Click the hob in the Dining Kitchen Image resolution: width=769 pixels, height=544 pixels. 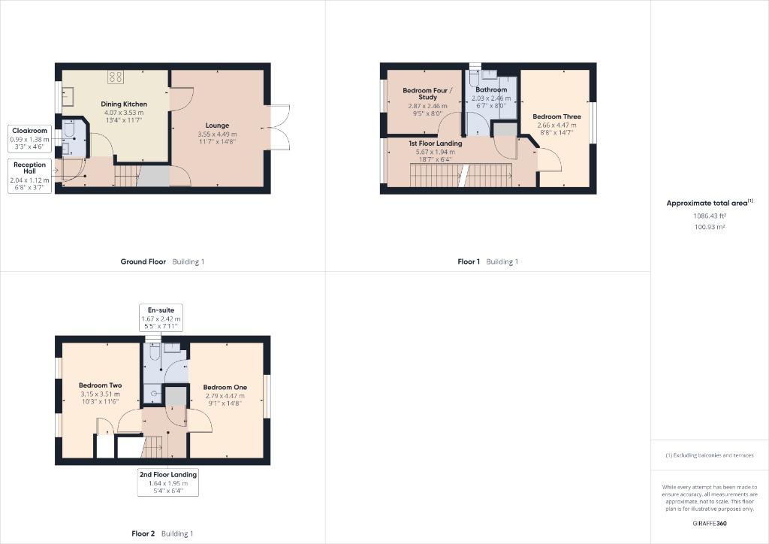click(x=116, y=77)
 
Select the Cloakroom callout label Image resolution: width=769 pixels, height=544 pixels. click(x=29, y=140)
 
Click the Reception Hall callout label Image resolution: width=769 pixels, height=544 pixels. click(x=29, y=175)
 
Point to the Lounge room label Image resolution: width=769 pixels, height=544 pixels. click(x=217, y=125)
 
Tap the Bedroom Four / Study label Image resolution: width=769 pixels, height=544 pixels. click(x=425, y=93)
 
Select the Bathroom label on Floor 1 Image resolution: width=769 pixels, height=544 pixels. click(x=491, y=89)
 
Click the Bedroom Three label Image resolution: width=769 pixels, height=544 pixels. click(x=556, y=116)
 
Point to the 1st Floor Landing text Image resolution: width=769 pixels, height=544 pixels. click(x=436, y=143)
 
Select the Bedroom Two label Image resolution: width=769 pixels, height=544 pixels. click(x=100, y=385)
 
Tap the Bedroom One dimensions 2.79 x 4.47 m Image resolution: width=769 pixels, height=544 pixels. click(x=225, y=395)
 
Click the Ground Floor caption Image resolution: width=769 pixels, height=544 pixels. click(x=143, y=261)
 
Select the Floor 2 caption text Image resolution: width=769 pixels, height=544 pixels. click(x=143, y=533)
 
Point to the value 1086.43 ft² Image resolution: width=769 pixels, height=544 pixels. click(x=710, y=216)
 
